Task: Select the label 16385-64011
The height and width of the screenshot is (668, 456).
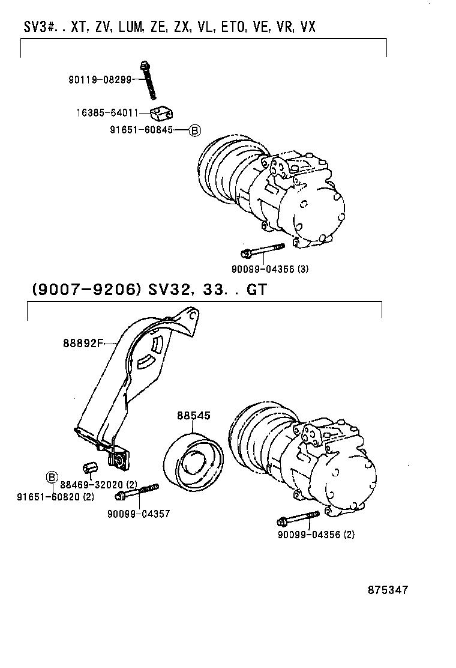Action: pos(107,112)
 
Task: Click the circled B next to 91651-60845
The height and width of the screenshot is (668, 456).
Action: pos(195,130)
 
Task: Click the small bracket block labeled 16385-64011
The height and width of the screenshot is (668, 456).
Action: pos(162,112)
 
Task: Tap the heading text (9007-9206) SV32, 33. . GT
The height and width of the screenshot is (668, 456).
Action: pos(148,290)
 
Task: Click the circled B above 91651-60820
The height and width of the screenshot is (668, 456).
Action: pos(52,478)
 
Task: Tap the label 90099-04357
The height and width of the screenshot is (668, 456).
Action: pos(139,514)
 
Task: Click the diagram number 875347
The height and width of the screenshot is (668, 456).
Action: pos(388,590)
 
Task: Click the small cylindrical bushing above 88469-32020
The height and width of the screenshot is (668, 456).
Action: pos(89,467)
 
